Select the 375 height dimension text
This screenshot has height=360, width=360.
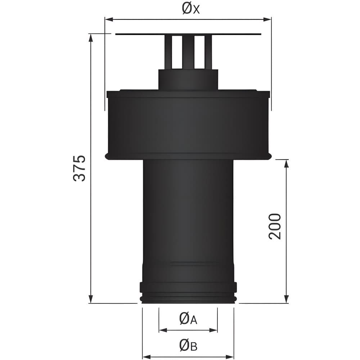[80, 168]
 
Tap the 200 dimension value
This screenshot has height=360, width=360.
[275, 226]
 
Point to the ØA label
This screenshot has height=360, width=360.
[188, 319]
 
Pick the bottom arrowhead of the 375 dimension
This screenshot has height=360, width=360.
[91, 299]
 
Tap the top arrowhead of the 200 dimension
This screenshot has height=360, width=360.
[286, 164]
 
